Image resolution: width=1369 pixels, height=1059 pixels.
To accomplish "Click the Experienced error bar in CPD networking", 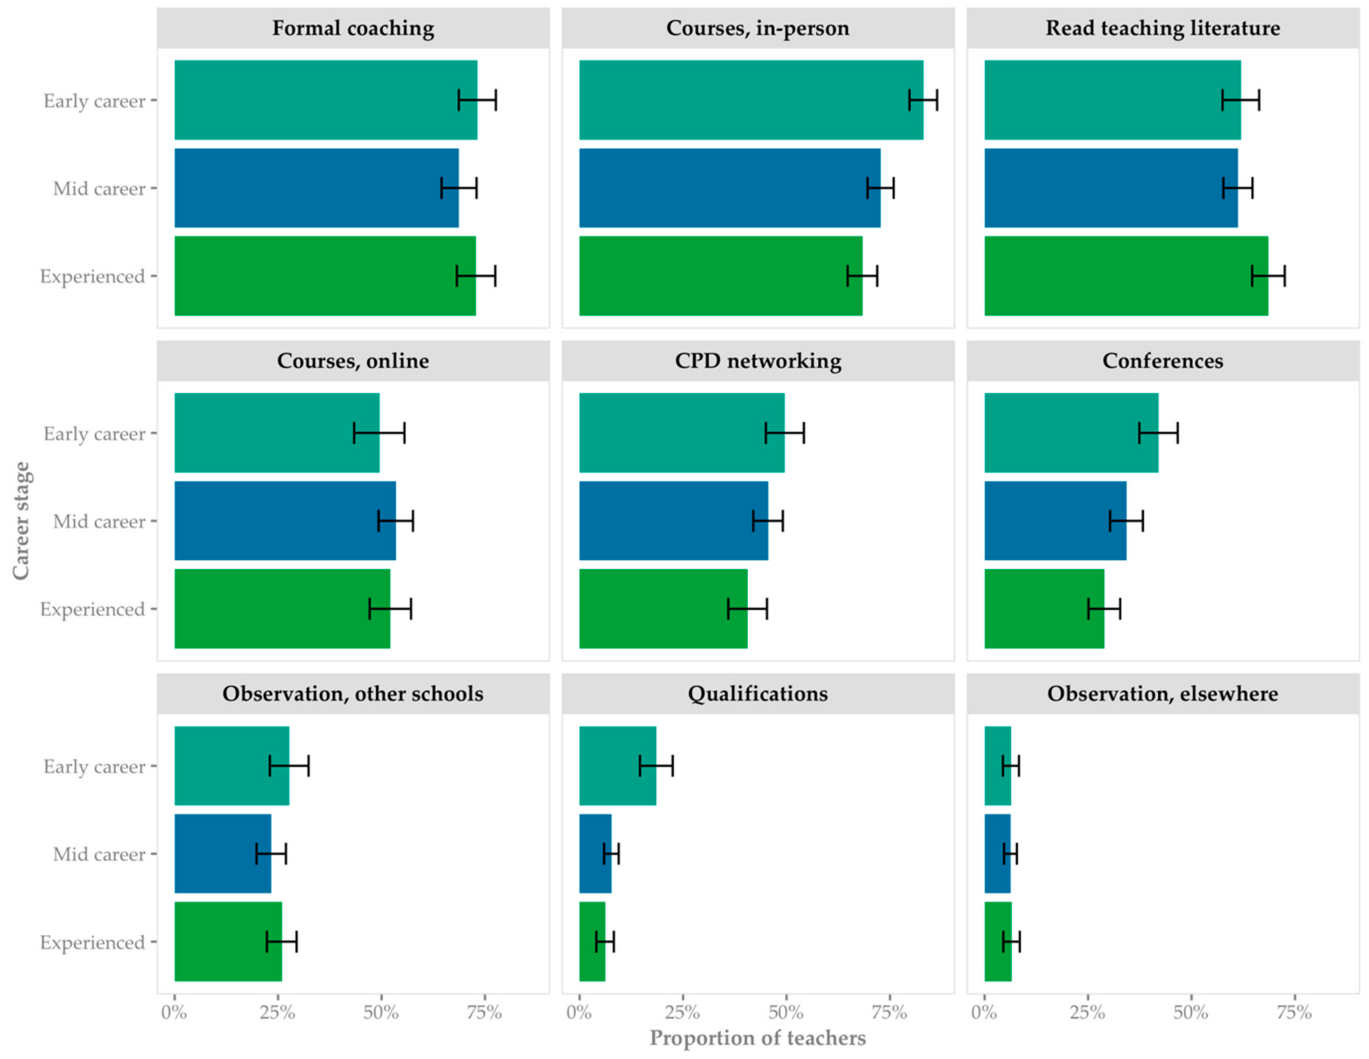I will (x=747, y=608).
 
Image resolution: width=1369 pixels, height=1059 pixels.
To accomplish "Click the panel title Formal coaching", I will (x=353, y=28).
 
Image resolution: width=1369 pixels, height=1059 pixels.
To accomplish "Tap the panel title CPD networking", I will (x=758, y=361).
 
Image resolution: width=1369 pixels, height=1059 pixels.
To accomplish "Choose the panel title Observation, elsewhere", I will (x=1163, y=694).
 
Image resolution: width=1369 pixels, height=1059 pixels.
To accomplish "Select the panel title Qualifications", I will (x=758, y=694).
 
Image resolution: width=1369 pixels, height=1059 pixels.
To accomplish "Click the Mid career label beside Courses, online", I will (x=99, y=521).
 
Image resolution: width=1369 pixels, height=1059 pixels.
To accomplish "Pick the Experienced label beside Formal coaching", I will (x=92, y=276).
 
